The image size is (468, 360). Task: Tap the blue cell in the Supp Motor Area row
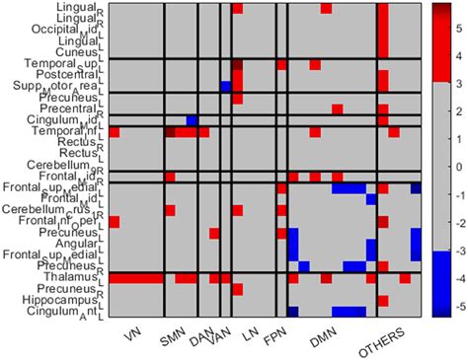click(226, 87)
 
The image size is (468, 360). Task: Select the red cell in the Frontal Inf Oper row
click(114, 221)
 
